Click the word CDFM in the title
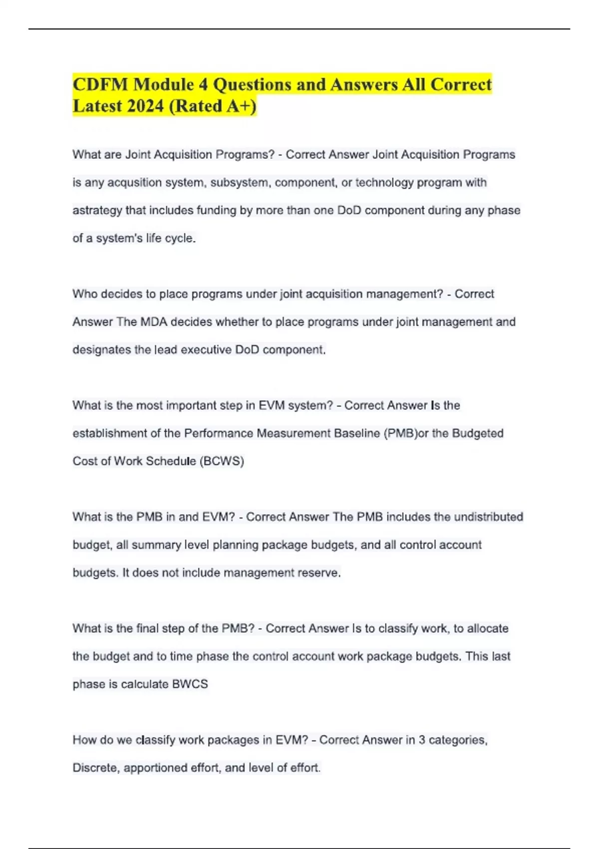pyautogui.click(x=99, y=84)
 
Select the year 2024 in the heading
pyautogui.click(x=145, y=106)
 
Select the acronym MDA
pyautogui.click(x=154, y=322)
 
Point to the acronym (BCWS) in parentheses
pyautogui.click(x=222, y=461)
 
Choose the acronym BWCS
pyautogui.click(x=190, y=684)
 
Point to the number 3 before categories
pyautogui.click(x=422, y=740)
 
